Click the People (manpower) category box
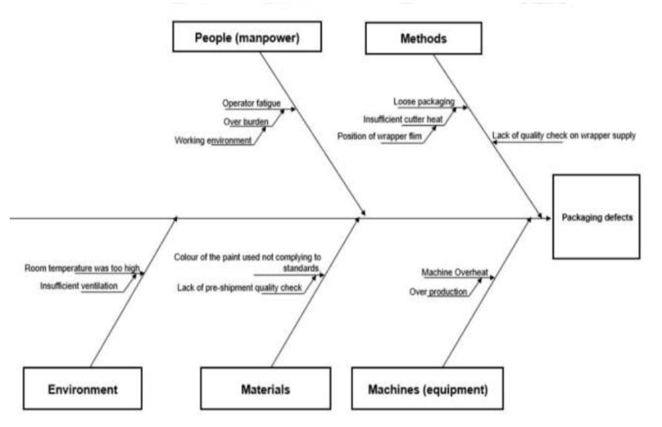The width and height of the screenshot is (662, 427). (248, 37)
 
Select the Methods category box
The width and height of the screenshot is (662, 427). (423, 39)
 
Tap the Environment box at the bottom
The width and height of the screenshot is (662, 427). (82, 389)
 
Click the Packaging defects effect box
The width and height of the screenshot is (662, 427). (596, 218)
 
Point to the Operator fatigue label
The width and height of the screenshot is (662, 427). (252, 103)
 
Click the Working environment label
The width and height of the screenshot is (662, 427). (213, 140)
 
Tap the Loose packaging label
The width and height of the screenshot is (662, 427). (423, 102)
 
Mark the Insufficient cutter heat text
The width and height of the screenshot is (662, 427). (403, 119)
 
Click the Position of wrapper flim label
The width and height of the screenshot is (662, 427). (379, 136)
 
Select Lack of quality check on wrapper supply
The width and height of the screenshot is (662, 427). (563, 136)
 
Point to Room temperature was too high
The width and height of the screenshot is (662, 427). (82, 268)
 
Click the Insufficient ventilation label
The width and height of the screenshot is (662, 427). (79, 286)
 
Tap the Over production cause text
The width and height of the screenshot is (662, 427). (438, 292)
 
